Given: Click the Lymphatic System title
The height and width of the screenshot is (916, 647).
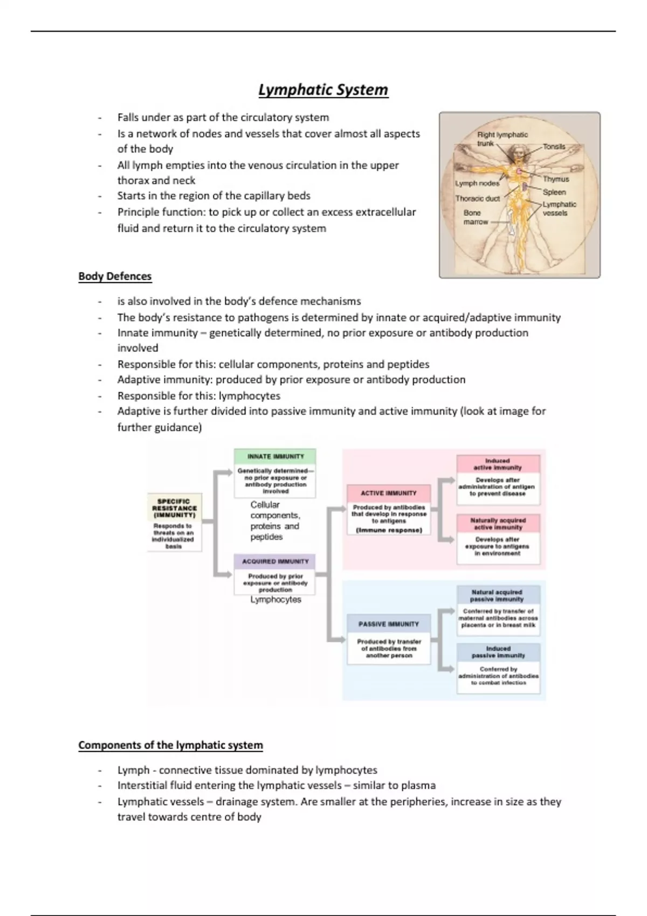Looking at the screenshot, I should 323,89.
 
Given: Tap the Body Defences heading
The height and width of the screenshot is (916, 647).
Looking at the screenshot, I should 115,276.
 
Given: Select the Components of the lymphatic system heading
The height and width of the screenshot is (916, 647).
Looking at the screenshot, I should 170,745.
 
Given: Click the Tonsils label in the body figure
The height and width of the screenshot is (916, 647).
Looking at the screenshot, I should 554,147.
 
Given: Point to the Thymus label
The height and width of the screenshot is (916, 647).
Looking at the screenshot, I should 555,179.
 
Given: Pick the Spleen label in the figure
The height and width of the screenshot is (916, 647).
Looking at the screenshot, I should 554,192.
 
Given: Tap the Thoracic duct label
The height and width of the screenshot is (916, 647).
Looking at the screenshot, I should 477,198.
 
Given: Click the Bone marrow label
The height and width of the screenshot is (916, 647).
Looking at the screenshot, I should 475,217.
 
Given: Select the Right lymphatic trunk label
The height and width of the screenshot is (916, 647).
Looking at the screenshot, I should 502,138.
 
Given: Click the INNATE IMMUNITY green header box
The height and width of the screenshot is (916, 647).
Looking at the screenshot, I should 275,456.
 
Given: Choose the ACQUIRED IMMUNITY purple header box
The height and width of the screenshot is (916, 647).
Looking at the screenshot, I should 275,561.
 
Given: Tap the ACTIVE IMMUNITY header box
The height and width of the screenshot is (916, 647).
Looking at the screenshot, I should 388,493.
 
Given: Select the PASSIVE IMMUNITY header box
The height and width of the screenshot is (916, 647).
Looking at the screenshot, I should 388,624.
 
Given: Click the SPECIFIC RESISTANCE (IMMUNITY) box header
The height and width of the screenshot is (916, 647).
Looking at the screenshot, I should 174,508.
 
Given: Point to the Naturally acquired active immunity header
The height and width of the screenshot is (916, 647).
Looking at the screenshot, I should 498,524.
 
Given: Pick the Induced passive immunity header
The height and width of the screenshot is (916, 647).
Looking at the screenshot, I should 498,652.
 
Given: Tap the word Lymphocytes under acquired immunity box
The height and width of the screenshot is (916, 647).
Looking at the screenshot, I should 276,600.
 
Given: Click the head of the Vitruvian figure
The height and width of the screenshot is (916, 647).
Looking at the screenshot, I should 519,150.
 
